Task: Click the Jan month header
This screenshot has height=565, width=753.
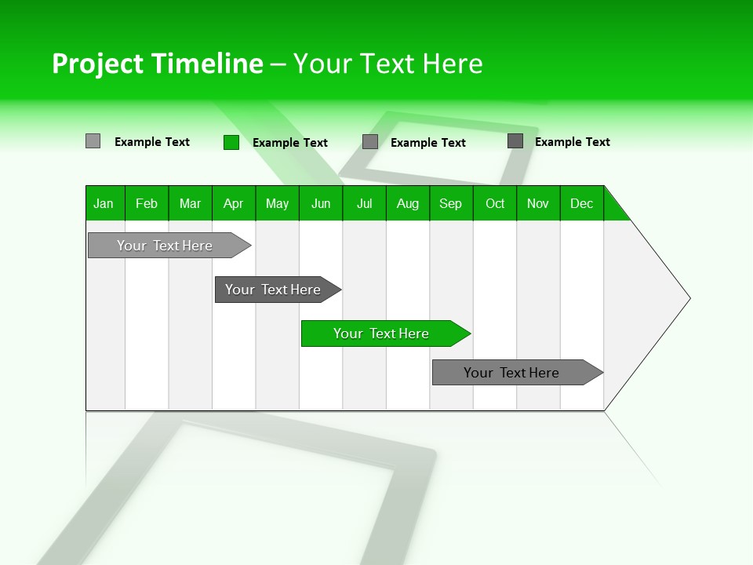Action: [104, 203]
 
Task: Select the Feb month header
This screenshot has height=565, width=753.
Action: [147, 203]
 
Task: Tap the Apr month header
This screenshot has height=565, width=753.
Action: [233, 203]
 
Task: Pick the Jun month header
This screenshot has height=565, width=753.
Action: [321, 203]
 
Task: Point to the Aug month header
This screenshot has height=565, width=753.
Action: [408, 203]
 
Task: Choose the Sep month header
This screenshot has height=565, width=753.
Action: [451, 203]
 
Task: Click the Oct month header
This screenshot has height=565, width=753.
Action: [495, 203]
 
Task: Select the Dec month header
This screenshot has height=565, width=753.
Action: [582, 203]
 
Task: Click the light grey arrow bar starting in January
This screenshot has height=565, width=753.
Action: [165, 246]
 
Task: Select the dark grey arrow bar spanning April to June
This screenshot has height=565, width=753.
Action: [273, 290]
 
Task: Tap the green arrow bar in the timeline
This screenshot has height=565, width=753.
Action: [381, 334]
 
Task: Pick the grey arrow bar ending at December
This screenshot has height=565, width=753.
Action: [511, 373]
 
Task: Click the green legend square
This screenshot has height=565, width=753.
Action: [231, 142]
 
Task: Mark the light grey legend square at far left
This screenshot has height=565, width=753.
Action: [93, 141]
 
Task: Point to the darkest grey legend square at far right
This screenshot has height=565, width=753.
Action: [515, 140]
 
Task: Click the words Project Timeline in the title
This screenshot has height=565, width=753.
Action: [157, 64]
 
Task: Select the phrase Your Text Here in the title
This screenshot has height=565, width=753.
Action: [388, 64]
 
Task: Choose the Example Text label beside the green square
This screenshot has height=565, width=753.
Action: [290, 143]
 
